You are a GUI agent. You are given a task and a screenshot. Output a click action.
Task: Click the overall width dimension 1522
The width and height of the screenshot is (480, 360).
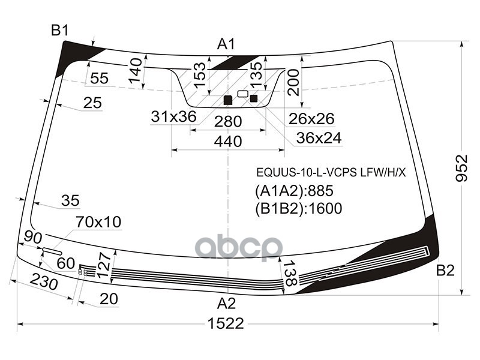point(226,324)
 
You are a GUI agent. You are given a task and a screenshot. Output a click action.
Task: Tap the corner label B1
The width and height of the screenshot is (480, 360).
point(60,31)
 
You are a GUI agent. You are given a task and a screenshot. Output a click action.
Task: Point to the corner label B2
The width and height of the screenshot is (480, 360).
point(445,271)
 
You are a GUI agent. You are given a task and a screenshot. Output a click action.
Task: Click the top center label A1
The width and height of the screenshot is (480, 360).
point(226,44)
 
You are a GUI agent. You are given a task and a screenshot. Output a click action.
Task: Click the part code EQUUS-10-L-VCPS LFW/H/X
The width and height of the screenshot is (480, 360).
point(331,173)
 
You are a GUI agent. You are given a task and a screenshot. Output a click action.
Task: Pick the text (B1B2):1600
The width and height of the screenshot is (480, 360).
point(298,208)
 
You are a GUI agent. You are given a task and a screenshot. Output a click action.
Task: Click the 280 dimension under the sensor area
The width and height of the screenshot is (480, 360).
point(228,122)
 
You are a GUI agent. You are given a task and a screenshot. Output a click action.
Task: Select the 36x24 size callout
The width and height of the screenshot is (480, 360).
point(319,138)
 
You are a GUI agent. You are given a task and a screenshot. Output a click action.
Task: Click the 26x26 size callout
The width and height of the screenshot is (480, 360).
point(311,119)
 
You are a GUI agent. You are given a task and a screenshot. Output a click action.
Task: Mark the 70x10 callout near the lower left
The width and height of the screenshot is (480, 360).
point(98,223)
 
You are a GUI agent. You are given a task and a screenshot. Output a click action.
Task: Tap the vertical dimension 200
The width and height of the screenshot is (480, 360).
point(293,82)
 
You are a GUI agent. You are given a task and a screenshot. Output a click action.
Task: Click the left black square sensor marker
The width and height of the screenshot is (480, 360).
point(227,100)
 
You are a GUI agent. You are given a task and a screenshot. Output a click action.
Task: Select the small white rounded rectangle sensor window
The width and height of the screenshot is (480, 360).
point(242,94)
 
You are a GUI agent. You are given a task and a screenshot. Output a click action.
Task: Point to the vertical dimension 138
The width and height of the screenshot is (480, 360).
point(290,275)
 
